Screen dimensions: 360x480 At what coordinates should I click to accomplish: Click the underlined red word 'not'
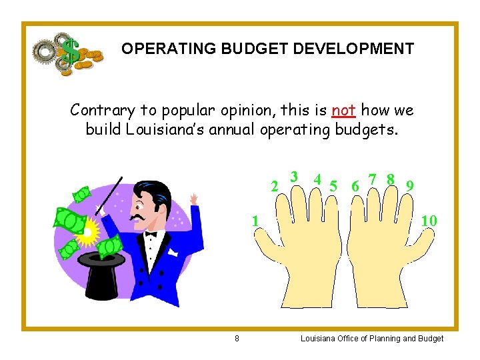[343, 110]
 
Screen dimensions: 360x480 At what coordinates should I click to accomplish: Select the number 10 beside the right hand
[429, 220]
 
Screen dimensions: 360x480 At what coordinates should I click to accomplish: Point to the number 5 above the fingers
[333, 185]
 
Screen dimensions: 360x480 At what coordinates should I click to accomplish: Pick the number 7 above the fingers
[372, 179]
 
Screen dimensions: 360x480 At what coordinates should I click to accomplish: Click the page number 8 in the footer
[237, 339]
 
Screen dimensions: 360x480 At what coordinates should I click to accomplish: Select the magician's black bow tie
[151, 234]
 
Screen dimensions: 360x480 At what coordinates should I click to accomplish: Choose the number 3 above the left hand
[293, 177]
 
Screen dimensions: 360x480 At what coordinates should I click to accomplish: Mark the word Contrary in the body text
[100, 110]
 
